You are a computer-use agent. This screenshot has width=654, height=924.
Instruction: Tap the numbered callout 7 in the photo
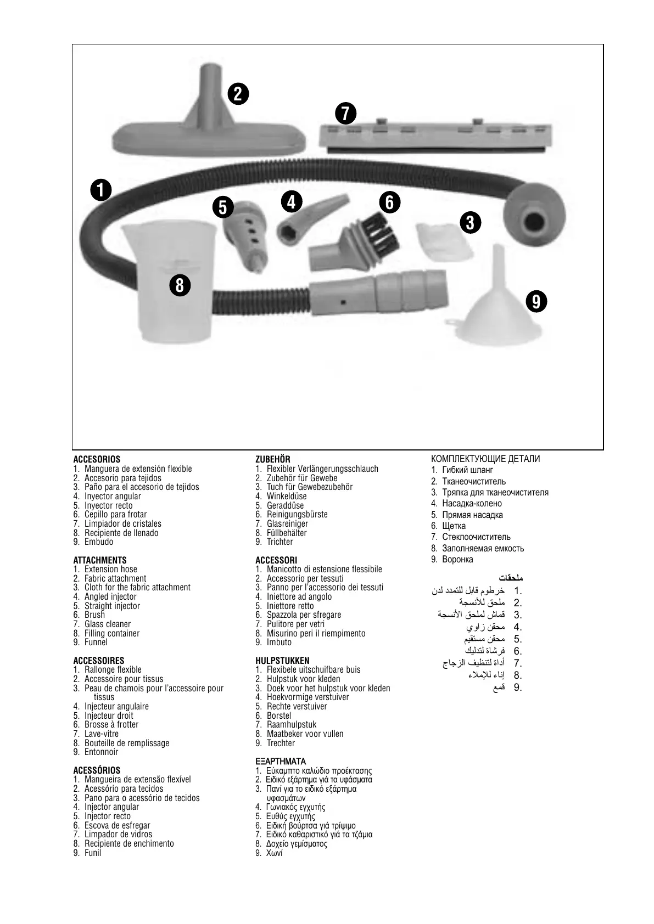(x=345, y=113)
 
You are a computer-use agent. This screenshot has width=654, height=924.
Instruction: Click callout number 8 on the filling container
(x=180, y=285)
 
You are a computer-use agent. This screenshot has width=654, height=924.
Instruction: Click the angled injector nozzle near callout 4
(x=308, y=222)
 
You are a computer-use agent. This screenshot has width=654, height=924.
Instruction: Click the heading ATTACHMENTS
(x=100, y=560)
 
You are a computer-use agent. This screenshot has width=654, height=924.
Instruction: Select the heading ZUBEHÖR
(x=273, y=459)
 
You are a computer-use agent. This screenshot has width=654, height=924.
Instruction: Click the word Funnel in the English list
(x=96, y=643)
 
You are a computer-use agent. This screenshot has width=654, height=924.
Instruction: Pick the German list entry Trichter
(x=280, y=542)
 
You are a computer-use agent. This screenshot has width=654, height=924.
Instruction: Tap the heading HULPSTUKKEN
(x=282, y=661)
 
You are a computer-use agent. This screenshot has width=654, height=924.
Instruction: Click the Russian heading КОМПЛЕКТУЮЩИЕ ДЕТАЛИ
(x=485, y=459)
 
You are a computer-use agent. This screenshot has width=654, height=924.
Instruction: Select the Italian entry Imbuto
(x=280, y=643)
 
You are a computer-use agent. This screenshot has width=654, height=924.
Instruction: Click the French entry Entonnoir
(x=102, y=752)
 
